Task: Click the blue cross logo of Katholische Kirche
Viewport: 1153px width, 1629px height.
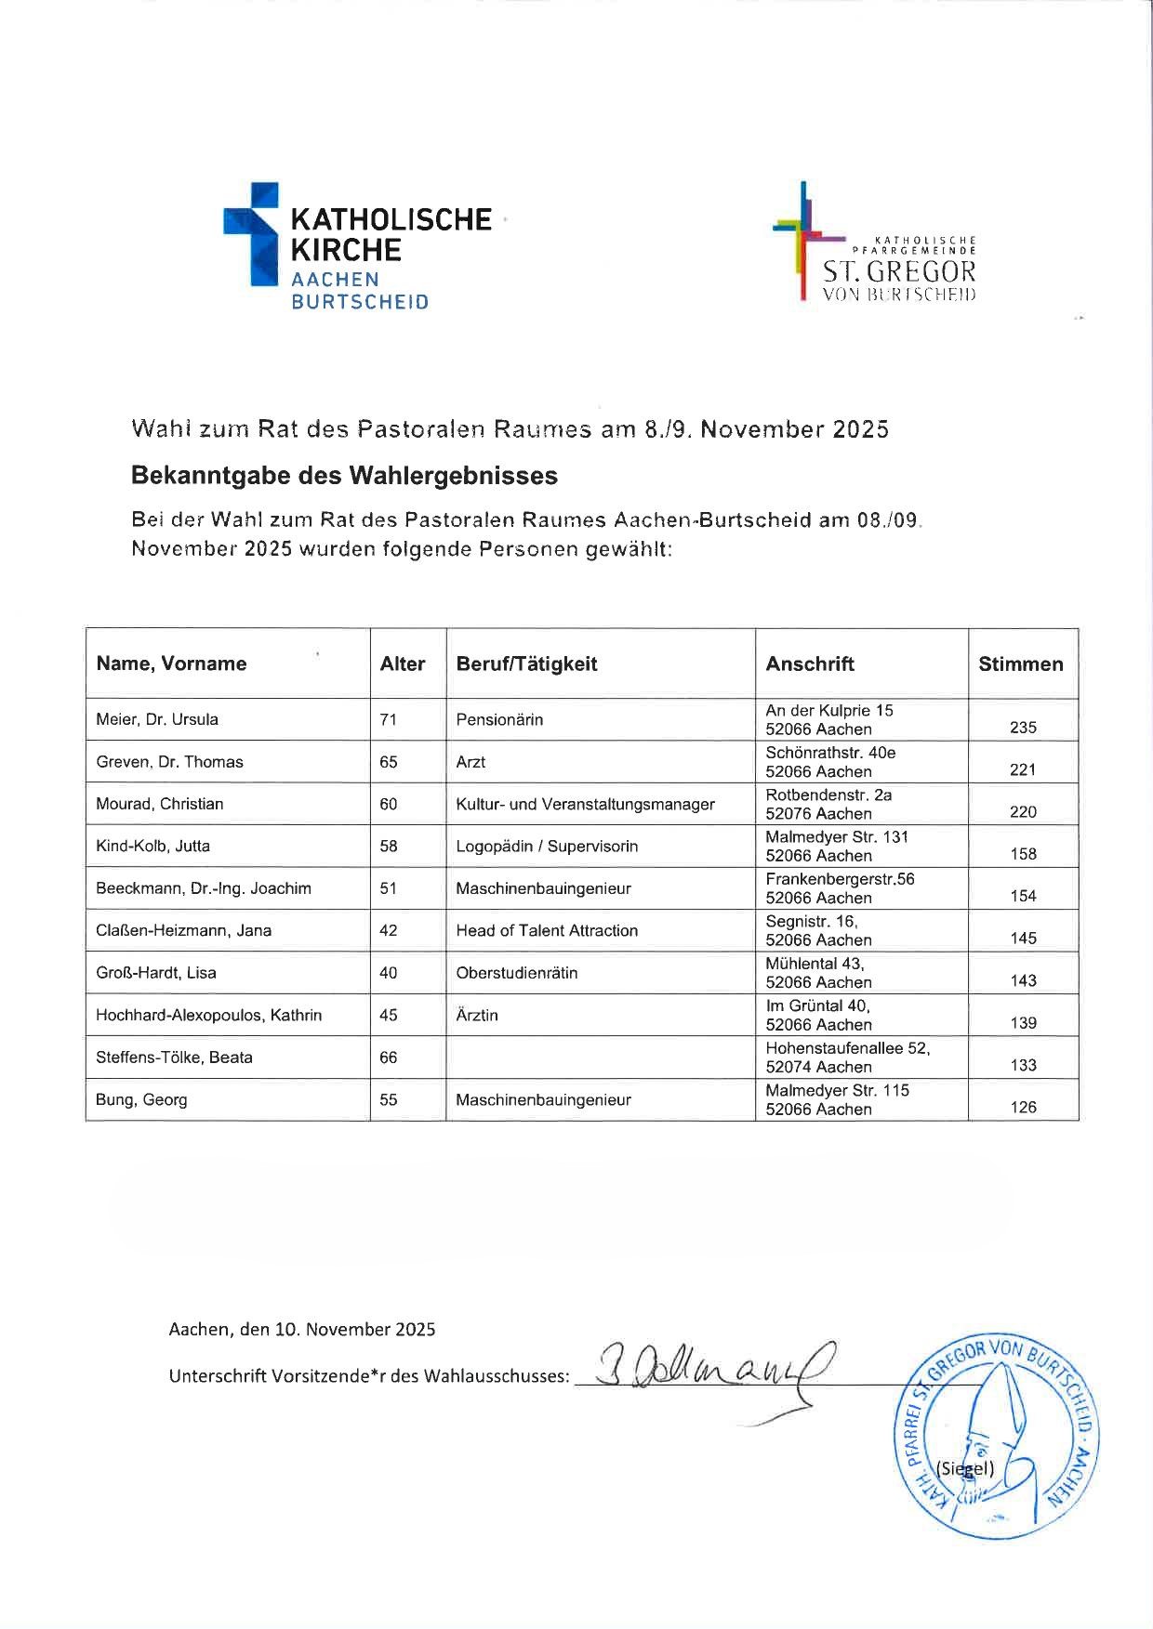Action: pyautogui.click(x=252, y=233)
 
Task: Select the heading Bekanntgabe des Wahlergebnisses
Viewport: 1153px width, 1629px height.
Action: pyautogui.click(x=344, y=476)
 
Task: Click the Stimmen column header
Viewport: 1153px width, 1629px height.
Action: pyautogui.click(x=1020, y=663)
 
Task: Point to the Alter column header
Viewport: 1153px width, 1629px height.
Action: pyautogui.click(x=402, y=663)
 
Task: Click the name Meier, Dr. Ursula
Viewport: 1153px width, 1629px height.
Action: pyautogui.click(x=157, y=719)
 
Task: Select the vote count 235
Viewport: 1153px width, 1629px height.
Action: pyautogui.click(x=1023, y=728)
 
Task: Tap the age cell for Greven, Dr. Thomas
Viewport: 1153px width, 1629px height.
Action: pyautogui.click(x=389, y=762)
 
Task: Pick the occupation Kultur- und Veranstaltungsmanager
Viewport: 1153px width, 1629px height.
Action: pyautogui.click(x=585, y=804)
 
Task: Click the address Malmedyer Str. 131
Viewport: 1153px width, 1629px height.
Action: pyautogui.click(x=837, y=836)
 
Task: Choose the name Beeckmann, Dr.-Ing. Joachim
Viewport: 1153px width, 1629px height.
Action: pyautogui.click(x=203, y=888)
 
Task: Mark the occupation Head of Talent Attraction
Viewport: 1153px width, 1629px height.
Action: pyautogui.click(x=547, y=930)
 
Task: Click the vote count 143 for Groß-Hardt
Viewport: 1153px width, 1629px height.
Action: pyautogui.click(x=1023, y=980)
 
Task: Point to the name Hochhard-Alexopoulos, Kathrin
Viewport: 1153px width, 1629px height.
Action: pyautogui.click(x=208, y=1015)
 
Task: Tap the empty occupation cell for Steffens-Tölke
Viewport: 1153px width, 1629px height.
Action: pyautogui.click(x=600, y=1058)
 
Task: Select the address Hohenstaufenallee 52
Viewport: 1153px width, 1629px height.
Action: pyautogui.click(x=847, y=1047)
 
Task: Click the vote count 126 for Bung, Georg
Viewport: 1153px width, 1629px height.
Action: pyautogui.click(x=1023, y=1107)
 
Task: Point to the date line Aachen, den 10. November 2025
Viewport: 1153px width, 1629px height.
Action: pyautogui.click(x=301, y=1329)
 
